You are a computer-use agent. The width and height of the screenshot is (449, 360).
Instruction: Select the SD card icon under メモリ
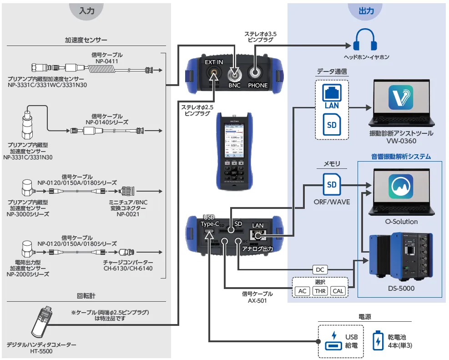click(x=331, y=185)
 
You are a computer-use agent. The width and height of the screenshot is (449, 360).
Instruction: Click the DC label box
click(x=320, y=269)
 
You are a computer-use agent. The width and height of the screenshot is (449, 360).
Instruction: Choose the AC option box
click(x=303, y=291)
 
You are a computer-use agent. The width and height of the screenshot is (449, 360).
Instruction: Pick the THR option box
click(x=320, y=291)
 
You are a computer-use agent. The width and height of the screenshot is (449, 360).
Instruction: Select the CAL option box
click(x=338, y=291)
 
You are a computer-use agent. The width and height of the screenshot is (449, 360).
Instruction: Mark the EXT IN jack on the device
click(x=213, y=73)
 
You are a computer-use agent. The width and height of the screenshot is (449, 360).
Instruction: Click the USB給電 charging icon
click(x=333, y=341)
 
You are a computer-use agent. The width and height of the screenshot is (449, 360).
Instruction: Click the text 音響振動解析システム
click(x=400, y=157)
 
